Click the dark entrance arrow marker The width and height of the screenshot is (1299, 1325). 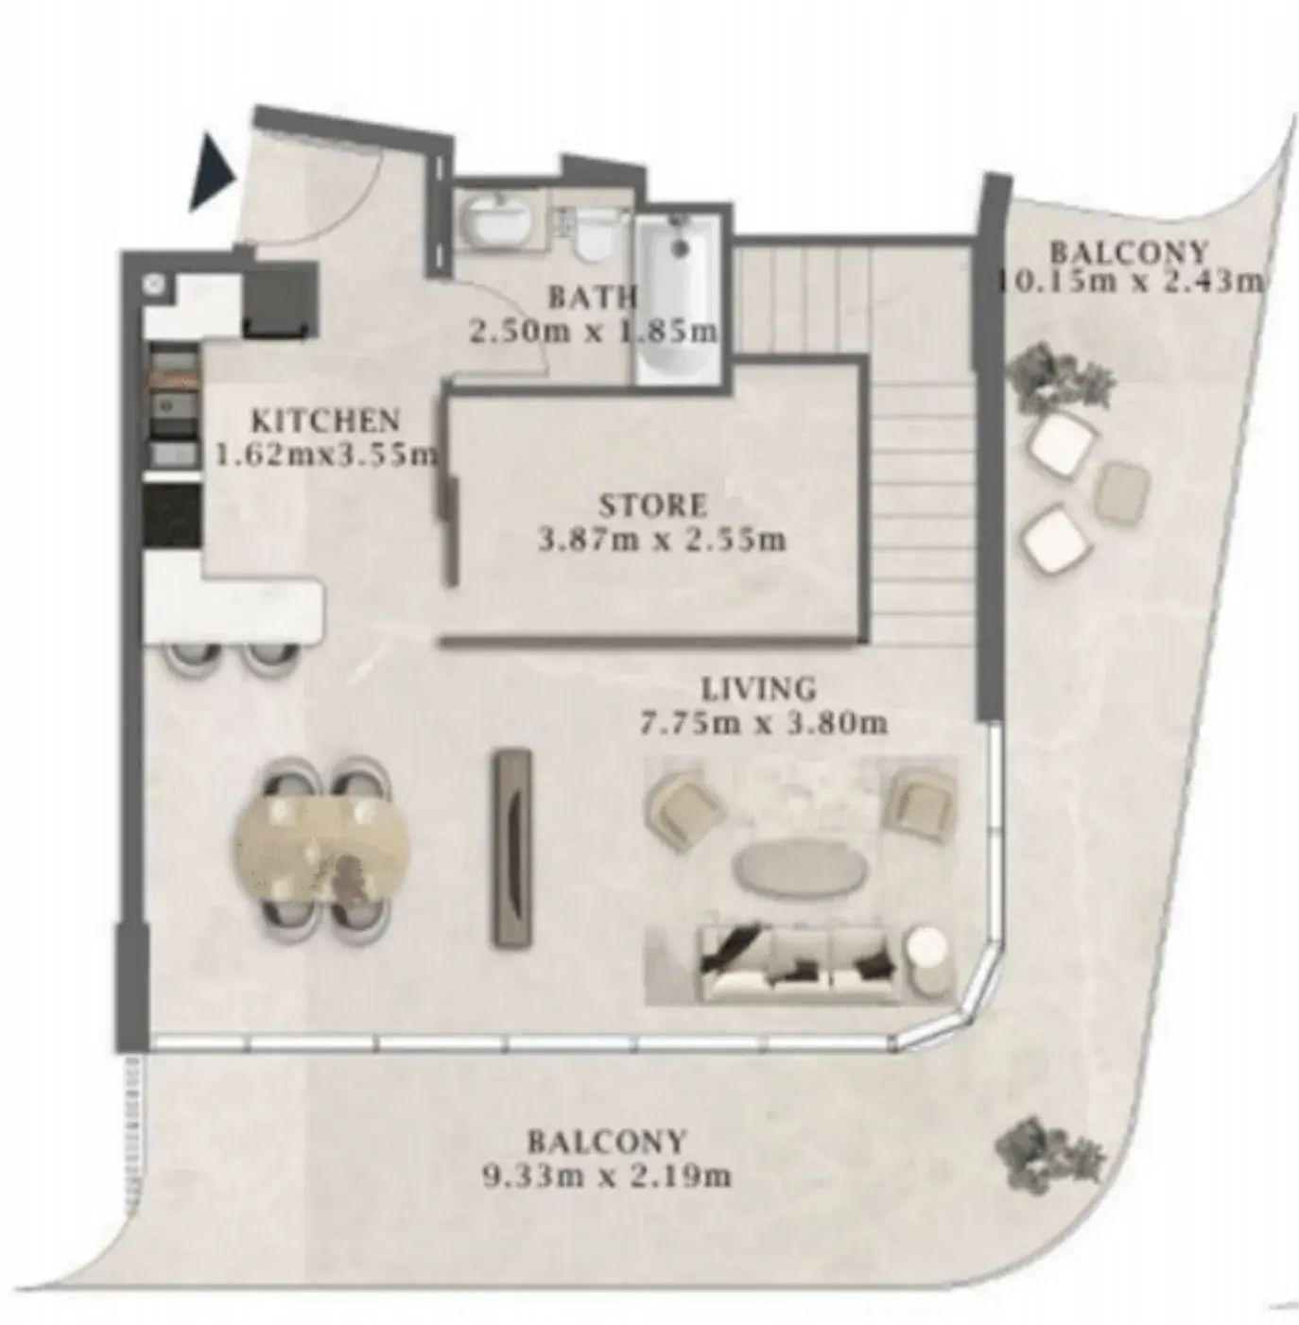[x=211, y=173]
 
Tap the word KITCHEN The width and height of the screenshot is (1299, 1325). [x=325, y=421]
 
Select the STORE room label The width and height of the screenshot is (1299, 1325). [x=653, y=506]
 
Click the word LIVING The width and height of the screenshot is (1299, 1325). [x=759, y=688]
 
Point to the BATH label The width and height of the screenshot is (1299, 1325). [x=592, y=297]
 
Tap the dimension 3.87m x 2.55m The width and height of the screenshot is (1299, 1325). [x=661, y=540]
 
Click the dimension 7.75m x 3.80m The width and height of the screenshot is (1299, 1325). [x=763, y=723]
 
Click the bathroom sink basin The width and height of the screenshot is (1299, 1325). [x=501, y=223]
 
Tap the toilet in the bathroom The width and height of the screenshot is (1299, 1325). [x=591, y=233]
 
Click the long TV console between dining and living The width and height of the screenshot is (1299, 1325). [x=511, y=850]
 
